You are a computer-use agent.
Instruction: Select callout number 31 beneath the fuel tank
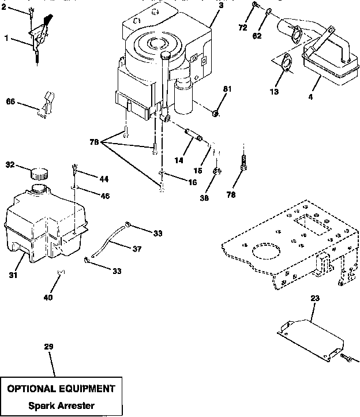tap(13, 275)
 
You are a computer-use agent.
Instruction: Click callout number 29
tap(48, 347)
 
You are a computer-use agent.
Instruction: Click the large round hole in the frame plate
tap(266, 253)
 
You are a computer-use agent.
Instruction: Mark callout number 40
tap(48, 298)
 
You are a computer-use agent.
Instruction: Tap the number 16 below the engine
tap(192, 182)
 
